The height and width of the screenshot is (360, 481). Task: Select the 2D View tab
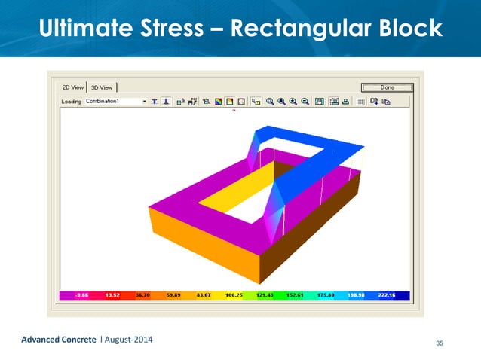72,87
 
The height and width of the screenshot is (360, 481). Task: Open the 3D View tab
101,87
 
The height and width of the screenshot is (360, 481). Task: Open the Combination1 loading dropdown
144,101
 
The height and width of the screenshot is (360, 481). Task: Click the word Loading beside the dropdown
72,101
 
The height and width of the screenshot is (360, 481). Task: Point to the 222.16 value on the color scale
386,296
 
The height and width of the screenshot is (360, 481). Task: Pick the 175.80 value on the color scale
326,296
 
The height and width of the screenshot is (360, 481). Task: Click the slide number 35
440,343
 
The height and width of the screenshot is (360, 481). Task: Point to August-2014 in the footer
127,341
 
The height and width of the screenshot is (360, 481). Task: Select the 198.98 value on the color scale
356,296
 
